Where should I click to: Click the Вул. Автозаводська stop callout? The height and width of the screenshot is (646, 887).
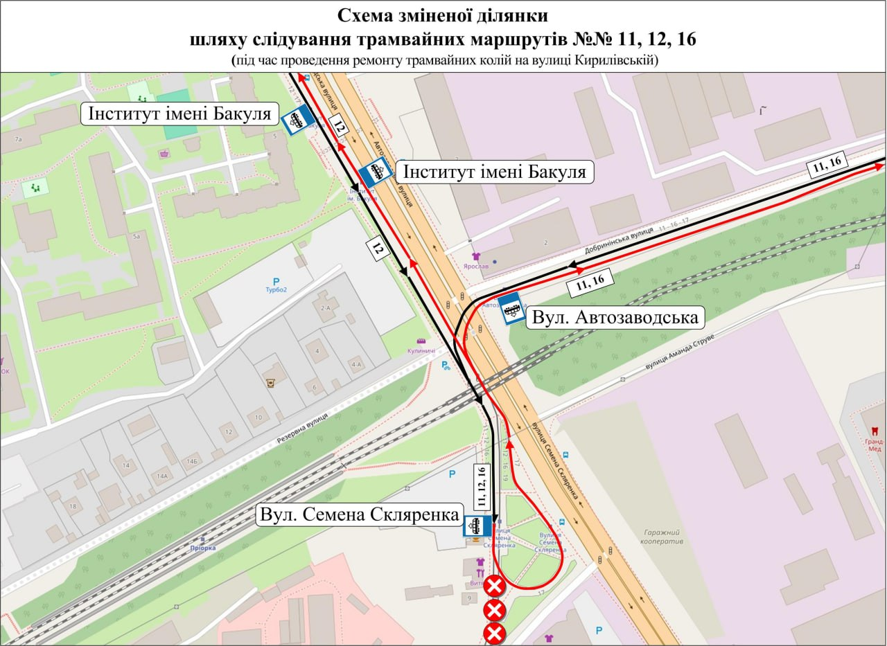[615, 318]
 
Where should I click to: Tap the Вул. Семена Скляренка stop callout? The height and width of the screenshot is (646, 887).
[359, 514]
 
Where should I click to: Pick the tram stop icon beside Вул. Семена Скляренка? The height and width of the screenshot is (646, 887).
[477, 526]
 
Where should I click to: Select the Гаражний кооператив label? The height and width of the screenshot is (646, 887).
[663, 535]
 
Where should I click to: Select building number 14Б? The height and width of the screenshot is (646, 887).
[191, 462]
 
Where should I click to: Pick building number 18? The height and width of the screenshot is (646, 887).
[73, 507]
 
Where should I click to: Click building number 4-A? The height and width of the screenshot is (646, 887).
[357, 364]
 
